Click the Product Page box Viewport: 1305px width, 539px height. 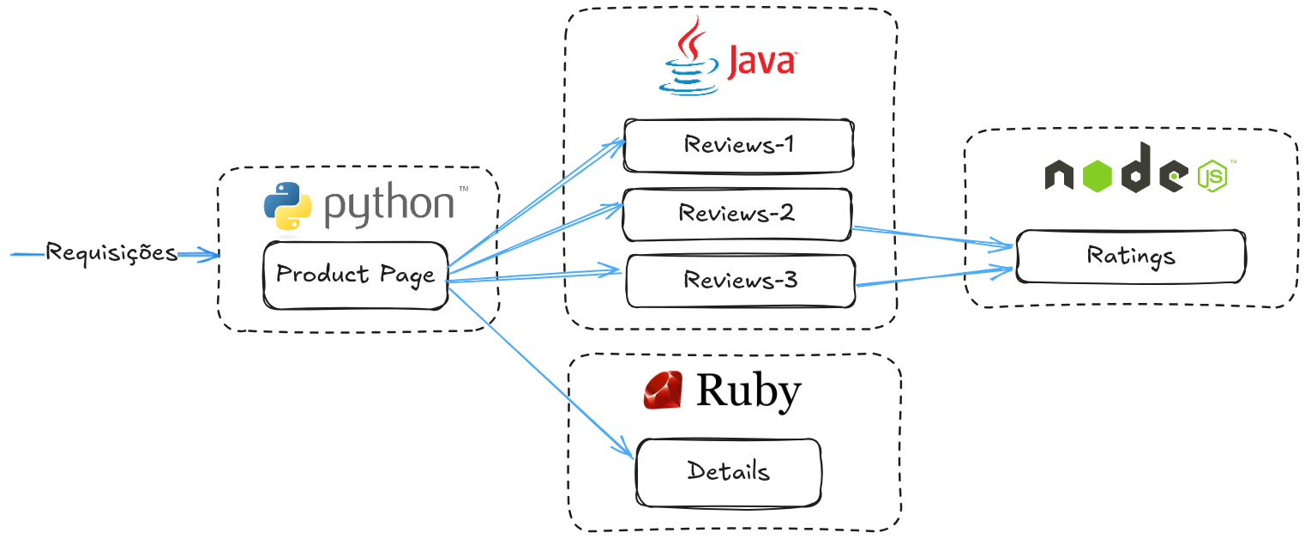click(x=355, y=276)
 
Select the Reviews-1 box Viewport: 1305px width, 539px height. click(x=738, y=145)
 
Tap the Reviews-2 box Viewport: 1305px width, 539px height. click(x=737, y=214)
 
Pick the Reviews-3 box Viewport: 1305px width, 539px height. click(x=740, y=281)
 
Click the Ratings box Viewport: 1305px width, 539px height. click(x=1130, y=256)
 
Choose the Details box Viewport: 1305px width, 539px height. click(x=728, y=471)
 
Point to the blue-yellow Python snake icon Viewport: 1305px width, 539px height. click(x=287, y=209)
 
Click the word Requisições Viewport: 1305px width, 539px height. click(x=111, y=253)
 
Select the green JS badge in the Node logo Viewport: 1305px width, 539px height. click(x=1212, y=176)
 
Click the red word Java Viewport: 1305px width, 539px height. click(x=761, y=63)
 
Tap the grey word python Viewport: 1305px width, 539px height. click(x=389, y=205)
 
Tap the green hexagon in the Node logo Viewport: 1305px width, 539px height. click(x=1098, y=175)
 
